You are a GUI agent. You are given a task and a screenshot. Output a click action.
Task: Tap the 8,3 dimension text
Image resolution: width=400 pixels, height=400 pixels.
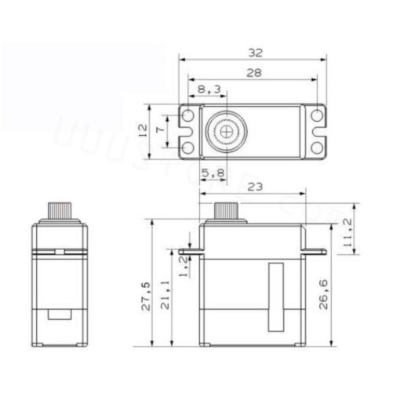coord(208,91)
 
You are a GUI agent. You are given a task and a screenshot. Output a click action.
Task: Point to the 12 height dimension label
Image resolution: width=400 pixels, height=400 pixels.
coord(143,130)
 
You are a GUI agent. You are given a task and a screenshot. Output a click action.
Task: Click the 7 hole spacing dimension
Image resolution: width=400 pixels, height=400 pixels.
coord(162,130)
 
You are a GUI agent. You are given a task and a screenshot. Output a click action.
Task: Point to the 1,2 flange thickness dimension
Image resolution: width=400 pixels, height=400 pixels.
coord(183,264)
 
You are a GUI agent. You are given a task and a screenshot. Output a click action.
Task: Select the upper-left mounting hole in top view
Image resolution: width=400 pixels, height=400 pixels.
coord(188,116)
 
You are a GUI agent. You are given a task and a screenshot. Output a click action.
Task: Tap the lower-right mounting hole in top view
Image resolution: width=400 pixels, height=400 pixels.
coord(316,146)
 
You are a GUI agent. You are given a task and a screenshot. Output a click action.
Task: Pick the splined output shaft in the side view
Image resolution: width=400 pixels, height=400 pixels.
coord(227,212)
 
